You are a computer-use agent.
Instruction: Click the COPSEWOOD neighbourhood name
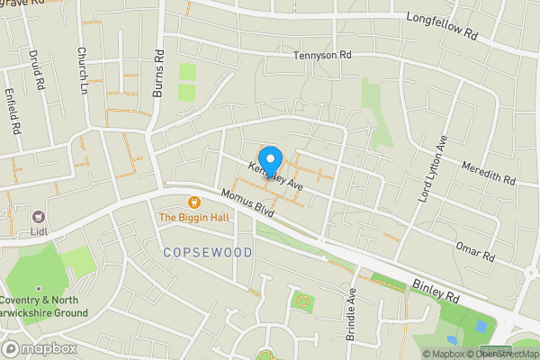(208, 253)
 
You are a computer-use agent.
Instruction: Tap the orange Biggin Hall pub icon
(193, 202)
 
